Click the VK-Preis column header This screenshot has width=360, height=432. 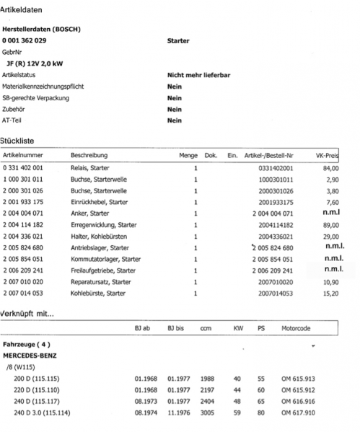coord(328,155)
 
